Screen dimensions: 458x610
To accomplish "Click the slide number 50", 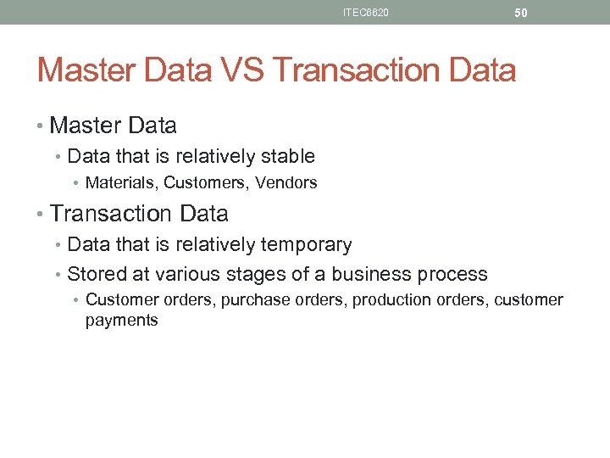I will [x=521, y=13].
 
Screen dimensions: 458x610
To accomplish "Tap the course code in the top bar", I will [x=366, y=13].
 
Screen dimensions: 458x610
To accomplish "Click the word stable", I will [x=287, y=156].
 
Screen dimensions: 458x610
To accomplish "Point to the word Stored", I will [x=94, y=274].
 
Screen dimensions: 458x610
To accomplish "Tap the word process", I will [x=452, y=275].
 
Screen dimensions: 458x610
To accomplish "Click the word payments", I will [x=121, y=321].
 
